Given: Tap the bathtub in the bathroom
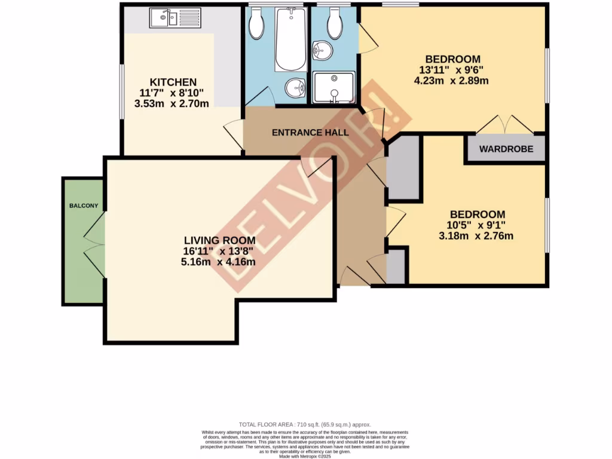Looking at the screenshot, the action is point(290,39).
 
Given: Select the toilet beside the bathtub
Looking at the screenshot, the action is point(257,24).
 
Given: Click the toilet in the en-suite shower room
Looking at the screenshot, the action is point(335,24).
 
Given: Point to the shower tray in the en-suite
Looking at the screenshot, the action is point(334,87).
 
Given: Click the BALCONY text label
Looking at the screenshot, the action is point(84,206).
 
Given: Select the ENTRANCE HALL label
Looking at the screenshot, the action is point(310,133).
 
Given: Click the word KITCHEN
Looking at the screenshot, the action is point(173,82).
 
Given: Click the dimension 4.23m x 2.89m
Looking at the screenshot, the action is point(452,81).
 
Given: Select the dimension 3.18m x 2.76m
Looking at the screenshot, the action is point(476,236).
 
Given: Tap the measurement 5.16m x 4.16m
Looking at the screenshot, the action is point(219,262).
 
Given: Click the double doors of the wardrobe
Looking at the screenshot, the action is point(506,124).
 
